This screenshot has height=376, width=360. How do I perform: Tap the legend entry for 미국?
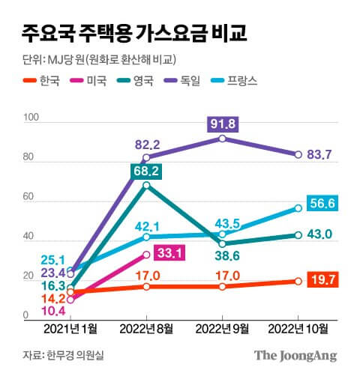(x=97, y=81)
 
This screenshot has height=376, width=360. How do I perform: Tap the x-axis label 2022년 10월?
(x=298, y=328)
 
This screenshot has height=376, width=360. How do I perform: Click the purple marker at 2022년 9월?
(x=222, y=139)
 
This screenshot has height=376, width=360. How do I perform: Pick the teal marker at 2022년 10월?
(x=298, y=234)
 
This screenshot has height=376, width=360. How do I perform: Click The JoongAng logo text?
(x=295, y=355)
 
